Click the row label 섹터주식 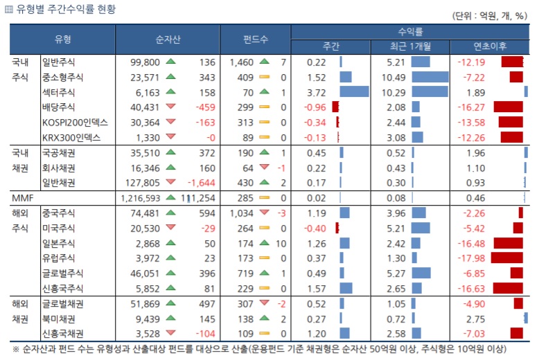coord(63,92)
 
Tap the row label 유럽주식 coord(63,258)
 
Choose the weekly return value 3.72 coord(316,92)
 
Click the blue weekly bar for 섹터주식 coord(354,92)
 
